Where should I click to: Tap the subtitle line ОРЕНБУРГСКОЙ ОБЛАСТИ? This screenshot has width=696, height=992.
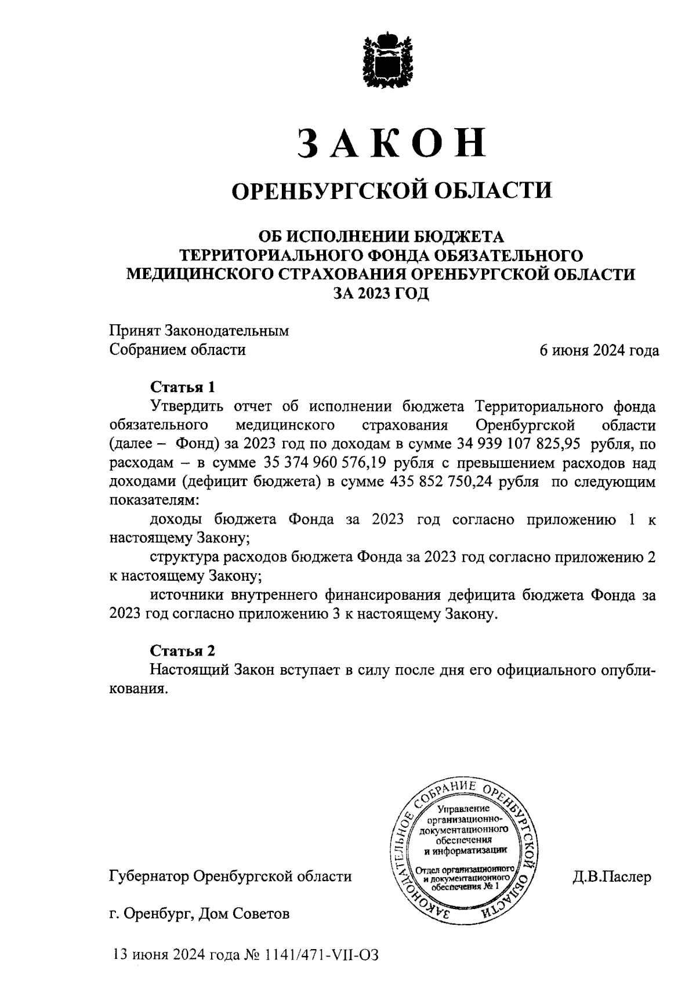391,190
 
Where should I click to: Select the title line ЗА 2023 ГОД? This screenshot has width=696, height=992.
380,293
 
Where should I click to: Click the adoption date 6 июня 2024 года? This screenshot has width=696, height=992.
599,350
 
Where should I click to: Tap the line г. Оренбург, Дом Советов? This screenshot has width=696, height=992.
199,914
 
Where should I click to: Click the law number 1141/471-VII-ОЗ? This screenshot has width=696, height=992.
321,954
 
